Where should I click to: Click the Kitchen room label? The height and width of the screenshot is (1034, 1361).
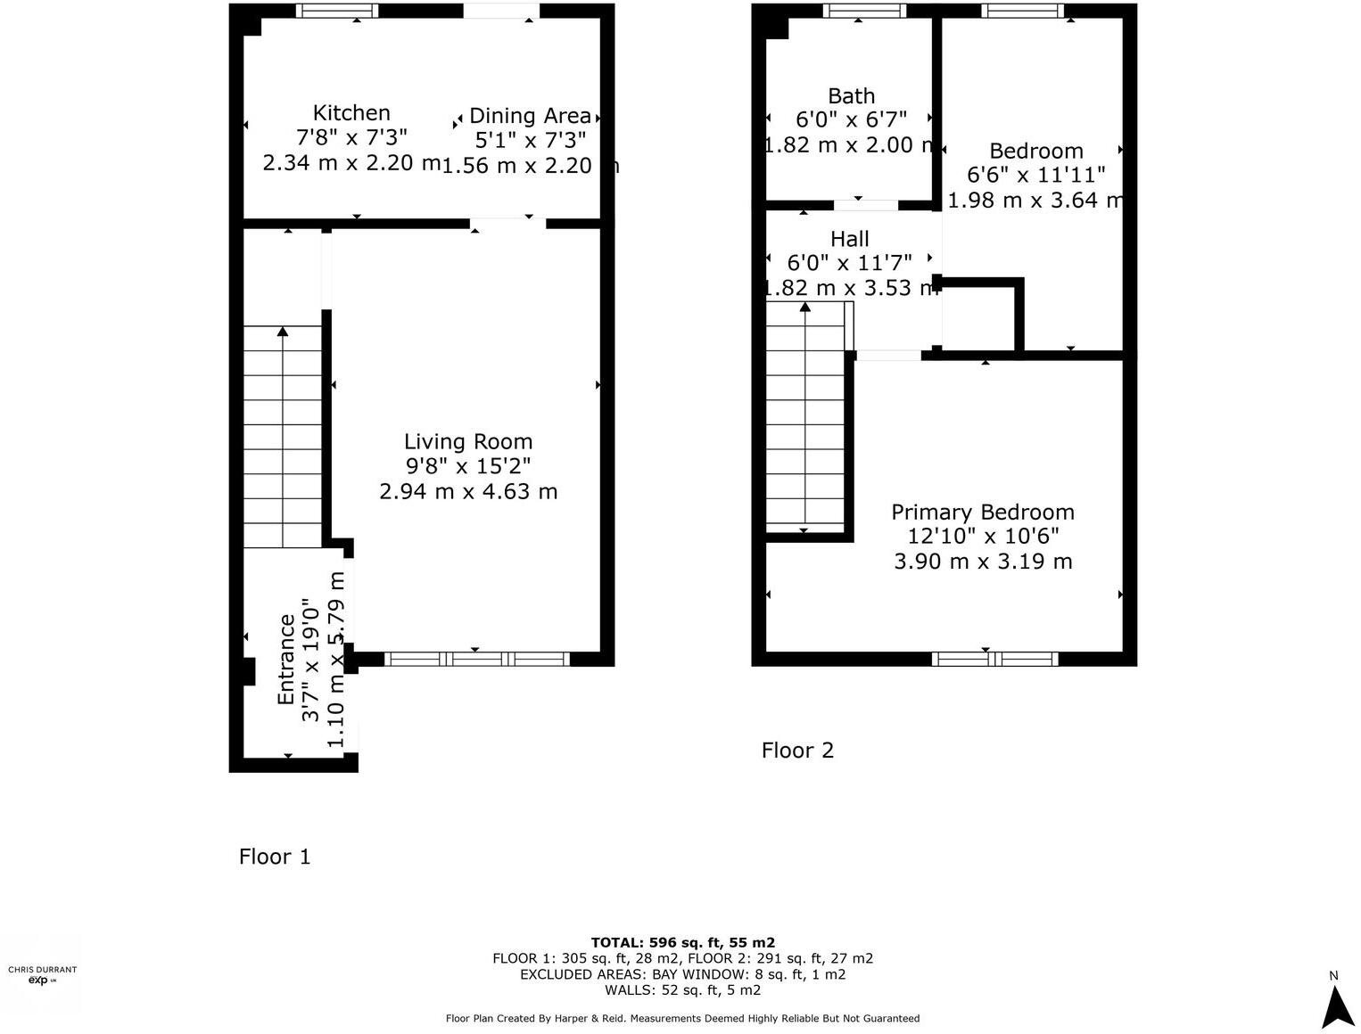tap(351, 113)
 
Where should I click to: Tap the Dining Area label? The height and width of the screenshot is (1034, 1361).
tap(530, 116)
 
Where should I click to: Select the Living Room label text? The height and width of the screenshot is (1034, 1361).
tap(468, 441)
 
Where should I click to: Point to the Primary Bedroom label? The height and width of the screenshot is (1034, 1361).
tap(983, 512)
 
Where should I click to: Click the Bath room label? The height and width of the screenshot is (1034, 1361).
tap(851, 96)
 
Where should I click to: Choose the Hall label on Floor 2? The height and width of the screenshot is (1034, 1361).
tap(849, 239)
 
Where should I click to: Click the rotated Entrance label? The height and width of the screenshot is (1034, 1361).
tap(286, 660)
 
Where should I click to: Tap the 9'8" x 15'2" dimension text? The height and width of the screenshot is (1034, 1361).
tap(468, 466)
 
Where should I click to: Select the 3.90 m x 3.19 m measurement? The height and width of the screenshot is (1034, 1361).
tap(983, 561)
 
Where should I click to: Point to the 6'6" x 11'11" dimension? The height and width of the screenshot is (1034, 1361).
tap(1036, 175)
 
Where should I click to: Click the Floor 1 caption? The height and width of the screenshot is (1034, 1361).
tap(275, 857)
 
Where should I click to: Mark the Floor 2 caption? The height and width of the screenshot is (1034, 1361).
tap(797, 751)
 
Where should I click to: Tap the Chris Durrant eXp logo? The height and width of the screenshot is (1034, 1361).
tap(42, 975)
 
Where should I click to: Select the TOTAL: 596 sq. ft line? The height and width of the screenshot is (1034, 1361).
tap(682, 942)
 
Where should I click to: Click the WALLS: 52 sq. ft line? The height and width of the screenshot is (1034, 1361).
tap(682, 989)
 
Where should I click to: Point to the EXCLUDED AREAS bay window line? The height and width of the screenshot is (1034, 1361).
tap(682, 974)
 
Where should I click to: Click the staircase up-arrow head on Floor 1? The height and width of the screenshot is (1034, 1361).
tap(283, 332)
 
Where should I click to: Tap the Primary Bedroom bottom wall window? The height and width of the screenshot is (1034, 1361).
tap(994, 659)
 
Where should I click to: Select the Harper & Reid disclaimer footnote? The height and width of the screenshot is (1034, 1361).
tap(682, 1018)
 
